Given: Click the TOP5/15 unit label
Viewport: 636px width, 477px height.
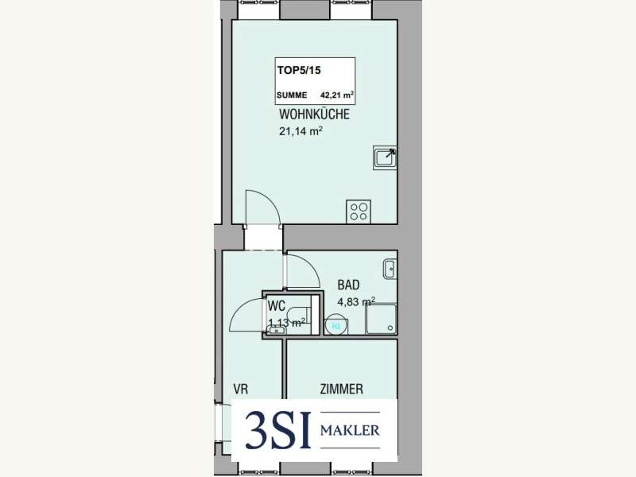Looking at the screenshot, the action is (299, 70).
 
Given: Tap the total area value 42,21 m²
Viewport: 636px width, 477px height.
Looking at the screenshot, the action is (336, 95).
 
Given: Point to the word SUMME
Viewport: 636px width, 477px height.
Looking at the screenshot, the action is (292, 95).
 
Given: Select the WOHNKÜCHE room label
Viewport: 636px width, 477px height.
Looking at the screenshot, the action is (314, 114).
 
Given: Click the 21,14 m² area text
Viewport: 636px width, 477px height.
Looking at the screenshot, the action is (301, 131).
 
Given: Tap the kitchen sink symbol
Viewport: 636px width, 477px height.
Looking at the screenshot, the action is (385, 157).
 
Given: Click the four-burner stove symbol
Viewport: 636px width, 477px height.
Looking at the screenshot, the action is (359, 211).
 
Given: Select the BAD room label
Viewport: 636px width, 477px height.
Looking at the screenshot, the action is (348, 285).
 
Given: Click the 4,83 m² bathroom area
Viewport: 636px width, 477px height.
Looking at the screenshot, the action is (356, 302).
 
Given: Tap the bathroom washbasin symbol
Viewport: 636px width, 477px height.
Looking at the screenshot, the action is (390, 269).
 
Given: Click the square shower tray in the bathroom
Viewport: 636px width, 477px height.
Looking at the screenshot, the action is (381, 319).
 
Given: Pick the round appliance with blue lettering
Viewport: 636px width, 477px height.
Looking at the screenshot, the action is (336, 324).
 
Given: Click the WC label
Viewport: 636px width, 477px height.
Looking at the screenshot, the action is (276, 305).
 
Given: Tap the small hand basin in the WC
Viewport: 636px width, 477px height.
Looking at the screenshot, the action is (277, 330).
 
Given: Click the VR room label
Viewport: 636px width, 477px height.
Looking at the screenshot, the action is (241, 390).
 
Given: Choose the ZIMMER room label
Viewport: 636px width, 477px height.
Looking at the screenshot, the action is (342, 390).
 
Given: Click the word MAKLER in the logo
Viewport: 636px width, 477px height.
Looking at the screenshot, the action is (350, 430).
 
